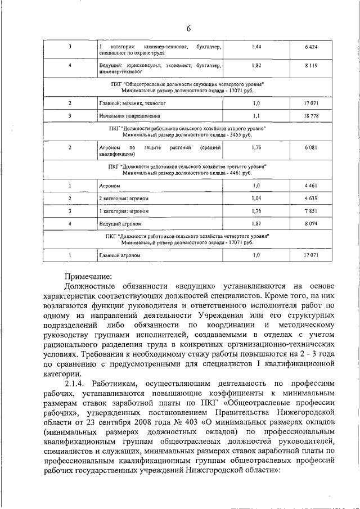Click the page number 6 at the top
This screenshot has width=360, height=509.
pyautogui.click(x=189, y=29)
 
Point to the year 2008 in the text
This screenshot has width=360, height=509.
pyautogui.click(x=135, y=420)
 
